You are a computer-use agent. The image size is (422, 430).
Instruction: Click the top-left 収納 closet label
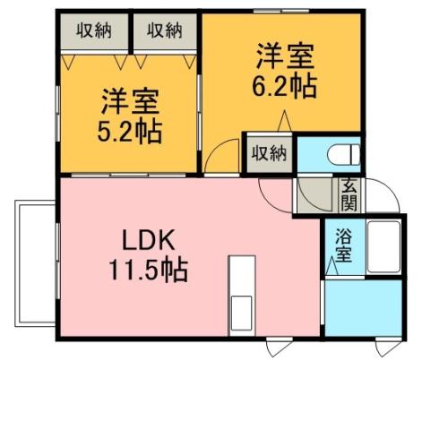click(x=93, y=30)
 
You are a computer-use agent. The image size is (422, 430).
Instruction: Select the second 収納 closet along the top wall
click(x=165, y=30)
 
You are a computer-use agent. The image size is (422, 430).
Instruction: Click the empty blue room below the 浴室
click(x=365, y=308)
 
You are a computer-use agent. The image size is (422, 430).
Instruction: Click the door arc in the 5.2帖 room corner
click(x=216, y=159)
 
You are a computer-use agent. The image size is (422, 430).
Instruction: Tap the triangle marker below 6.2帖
click(x=283, y=121)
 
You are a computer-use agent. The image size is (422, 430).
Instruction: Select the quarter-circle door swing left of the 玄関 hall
click(x=272, y=191)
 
